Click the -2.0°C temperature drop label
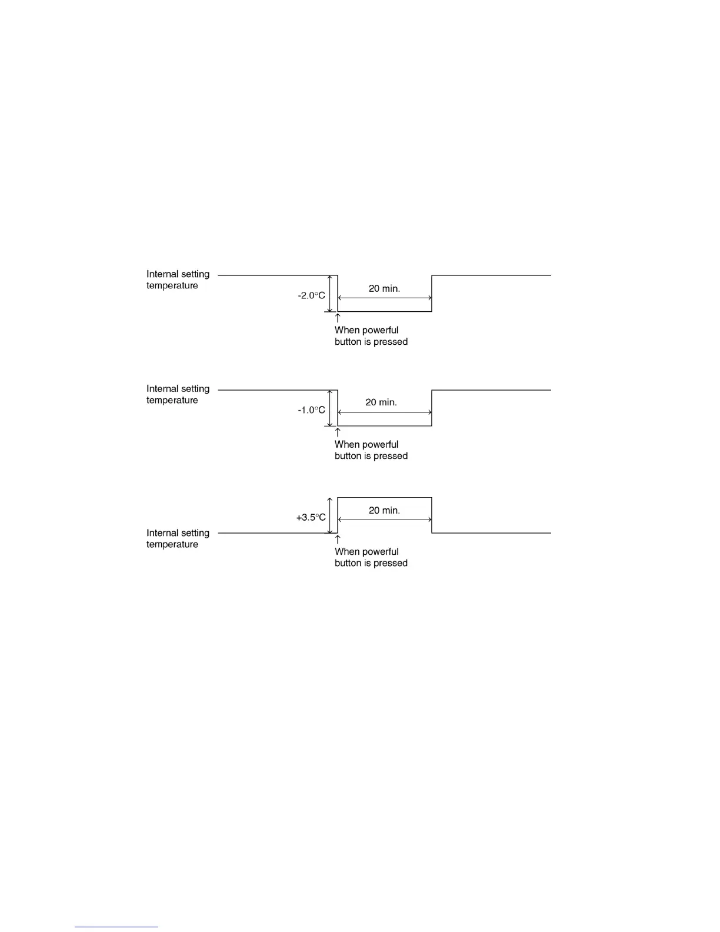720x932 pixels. click(x=311, y=295)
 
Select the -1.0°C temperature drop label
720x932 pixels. click(x=311, y=410)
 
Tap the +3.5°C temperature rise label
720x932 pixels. click(x=311, y=517)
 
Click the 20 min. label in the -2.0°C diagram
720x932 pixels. click(x=384, y=288)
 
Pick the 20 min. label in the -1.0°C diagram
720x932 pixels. click(x=381, y=402)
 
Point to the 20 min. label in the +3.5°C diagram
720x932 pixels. click(x=384, y=510)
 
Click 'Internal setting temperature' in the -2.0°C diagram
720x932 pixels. click(x=178, y=279)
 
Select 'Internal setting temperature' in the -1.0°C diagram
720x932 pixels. click(x=178, y=394)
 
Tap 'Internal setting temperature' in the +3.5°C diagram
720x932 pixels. click(x=178, y=538)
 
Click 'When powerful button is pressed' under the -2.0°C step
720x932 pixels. click(x=371, y=336)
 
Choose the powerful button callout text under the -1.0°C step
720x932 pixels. click(x=371, y=450)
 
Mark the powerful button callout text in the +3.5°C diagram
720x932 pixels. click(x=371, y=557)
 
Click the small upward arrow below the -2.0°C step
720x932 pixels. click(x=338, y=318)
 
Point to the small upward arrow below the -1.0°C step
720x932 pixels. click(x=338, y=432)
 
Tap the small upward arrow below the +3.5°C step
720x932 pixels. click(x=338, y=540)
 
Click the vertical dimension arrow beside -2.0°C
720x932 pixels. click(x=330, y=293)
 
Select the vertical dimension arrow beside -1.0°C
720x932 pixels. click(x=330, y=408)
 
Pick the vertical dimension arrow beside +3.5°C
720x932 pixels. click(x=330, y=515)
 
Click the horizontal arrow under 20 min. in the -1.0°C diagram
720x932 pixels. click(x=385, y=412)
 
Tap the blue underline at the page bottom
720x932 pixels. click(x=116, y=927)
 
